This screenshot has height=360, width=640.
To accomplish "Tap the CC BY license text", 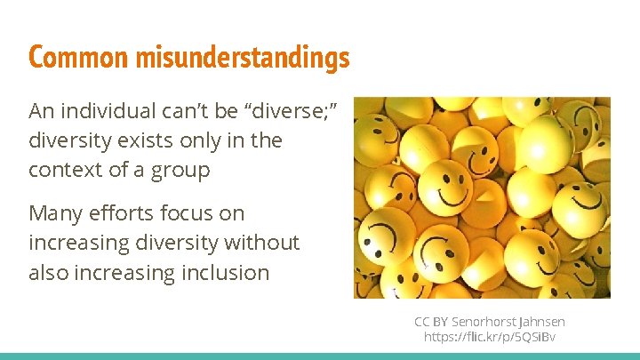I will (431, 321).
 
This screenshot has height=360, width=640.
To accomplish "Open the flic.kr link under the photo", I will (490, 337).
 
